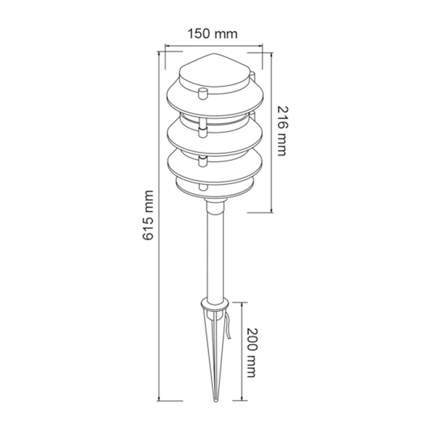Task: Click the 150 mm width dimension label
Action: pyautogui.click(x=212, y=34)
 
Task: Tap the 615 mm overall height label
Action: pyautogui.click(x=148, y=215)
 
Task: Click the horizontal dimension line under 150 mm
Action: pyautogui.click(x=214, y=44)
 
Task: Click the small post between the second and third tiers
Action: pyautogui.click(x=202, y=160)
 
